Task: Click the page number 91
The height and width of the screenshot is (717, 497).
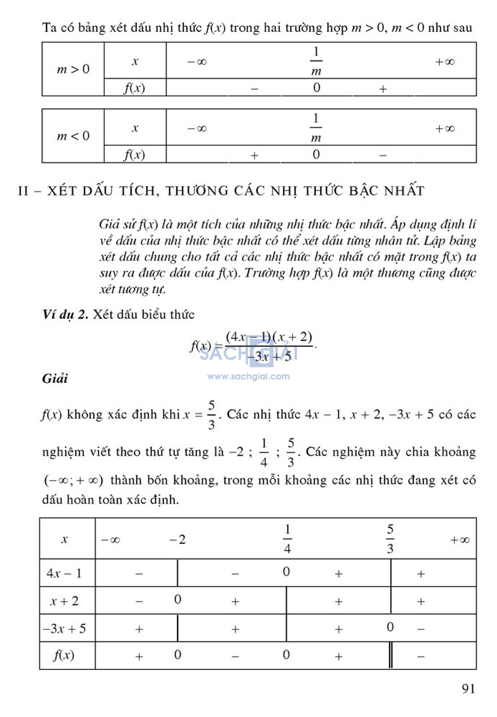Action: click(468, 689)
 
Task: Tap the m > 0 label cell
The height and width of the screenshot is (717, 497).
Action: click(73, 69)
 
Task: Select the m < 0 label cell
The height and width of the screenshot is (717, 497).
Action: click(73, 136)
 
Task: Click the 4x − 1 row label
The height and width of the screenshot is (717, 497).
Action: click(64, 573)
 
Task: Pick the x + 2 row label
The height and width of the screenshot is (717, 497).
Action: click(64, 602)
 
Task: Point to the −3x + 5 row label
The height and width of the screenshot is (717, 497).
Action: click(64, 629)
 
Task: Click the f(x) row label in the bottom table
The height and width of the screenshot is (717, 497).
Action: click(64, 656)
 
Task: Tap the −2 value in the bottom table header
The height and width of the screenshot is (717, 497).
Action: click(177, 539)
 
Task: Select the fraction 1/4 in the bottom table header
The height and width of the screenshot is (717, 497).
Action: click(287, 539)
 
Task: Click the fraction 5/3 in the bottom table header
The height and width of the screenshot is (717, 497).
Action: click(390, 539)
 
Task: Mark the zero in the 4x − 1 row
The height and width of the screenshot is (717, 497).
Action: click(286, 572)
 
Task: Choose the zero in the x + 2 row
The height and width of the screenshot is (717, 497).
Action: click(178, 600)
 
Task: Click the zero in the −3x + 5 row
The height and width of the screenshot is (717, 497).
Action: click(390, 627)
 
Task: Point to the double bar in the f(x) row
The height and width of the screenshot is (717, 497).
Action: click(391, 656)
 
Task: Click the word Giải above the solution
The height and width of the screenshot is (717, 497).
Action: click(55, 378)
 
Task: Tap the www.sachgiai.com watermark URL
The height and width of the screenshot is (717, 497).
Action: click(248, 376)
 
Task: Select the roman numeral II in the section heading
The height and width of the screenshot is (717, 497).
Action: click(23, 191)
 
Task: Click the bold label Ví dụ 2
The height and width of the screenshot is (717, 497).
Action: click(65, 315)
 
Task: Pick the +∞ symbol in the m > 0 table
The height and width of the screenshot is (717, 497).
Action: click(445, 62)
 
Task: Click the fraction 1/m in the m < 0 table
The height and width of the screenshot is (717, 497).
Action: click(316, 129)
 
